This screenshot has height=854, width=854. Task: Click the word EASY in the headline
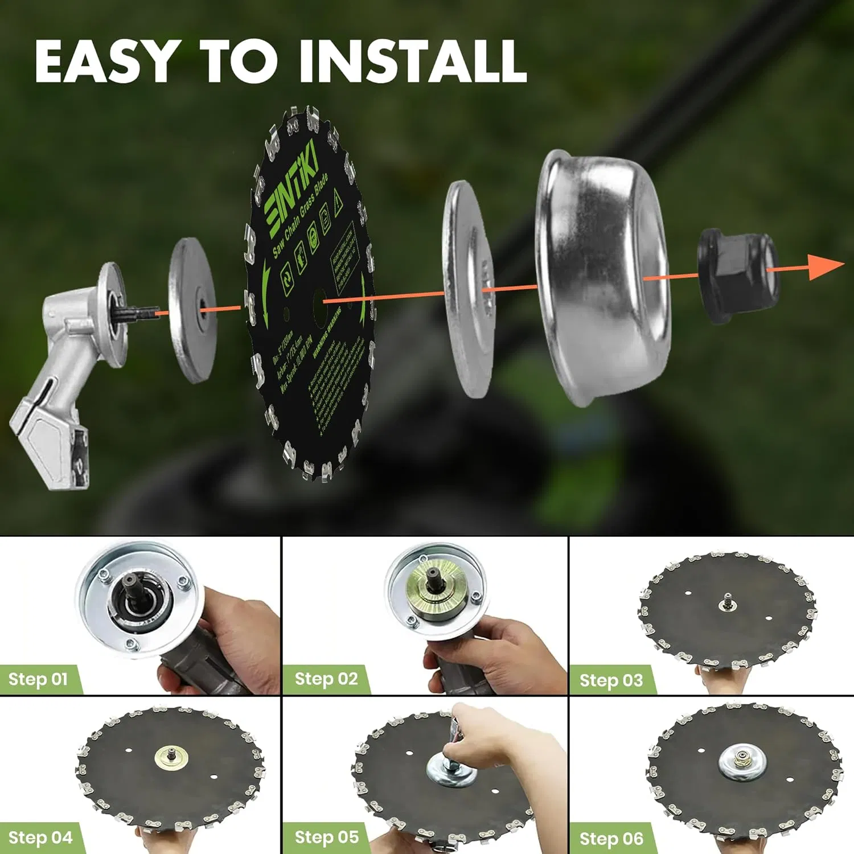[x=105, y=61]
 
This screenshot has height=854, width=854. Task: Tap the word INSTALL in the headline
[x=412, y=61]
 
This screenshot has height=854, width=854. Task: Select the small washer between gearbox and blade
[x=192, y=310]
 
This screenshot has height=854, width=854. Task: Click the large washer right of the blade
[x=468, y=289]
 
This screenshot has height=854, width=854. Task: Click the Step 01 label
[x=38, y=679]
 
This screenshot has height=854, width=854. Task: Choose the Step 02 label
[x=326, y=679]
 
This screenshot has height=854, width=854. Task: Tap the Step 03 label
[x=611, y=680]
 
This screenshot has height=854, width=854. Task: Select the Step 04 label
[x=40, y=837]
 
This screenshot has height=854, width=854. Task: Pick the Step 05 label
[x=327, y=837]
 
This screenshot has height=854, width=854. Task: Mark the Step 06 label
[x=611, y=839]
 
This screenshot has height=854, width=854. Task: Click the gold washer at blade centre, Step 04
[x=170, y=756]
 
